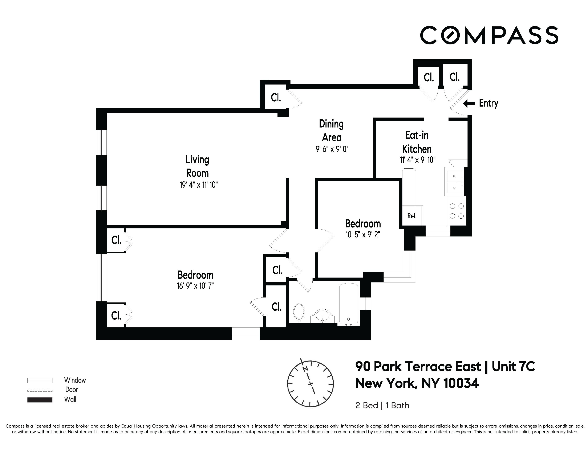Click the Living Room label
[x=197, y=166]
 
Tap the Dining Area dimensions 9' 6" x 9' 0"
[x=332, y=149]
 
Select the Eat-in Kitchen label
[x=417, y=142]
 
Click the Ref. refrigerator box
[x=412, y=216]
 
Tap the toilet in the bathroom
[x=298, y=312]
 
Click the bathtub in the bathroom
[x=349, y=303]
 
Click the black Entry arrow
[x=469, y=103]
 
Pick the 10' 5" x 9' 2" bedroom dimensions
[x=363, y=235]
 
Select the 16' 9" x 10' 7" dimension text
[x=195, y=286]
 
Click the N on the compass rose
[x=305, y=369]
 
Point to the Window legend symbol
[x=40, y=380]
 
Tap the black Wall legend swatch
[x=40, y=400]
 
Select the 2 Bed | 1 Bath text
[x=382, y=405]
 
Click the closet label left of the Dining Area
[x=276, y=97]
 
